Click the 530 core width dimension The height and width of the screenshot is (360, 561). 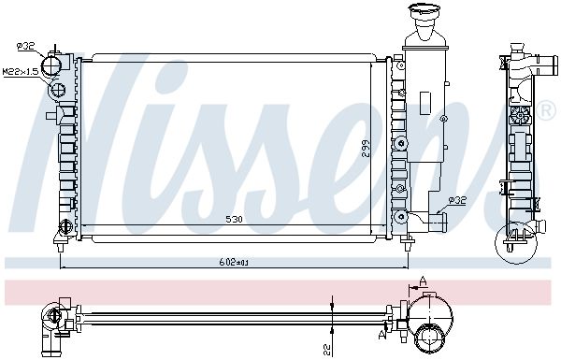coord(234,219)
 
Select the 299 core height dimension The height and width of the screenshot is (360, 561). coord(366,149)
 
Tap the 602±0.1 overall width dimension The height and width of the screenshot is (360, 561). coord(234,263)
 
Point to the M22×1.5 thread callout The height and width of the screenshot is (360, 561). coord(21,72)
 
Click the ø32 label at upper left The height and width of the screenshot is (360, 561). coord(25,46)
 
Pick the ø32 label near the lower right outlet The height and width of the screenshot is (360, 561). coord(457,201)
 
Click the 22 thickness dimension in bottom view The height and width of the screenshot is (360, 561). coord(326,348)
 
